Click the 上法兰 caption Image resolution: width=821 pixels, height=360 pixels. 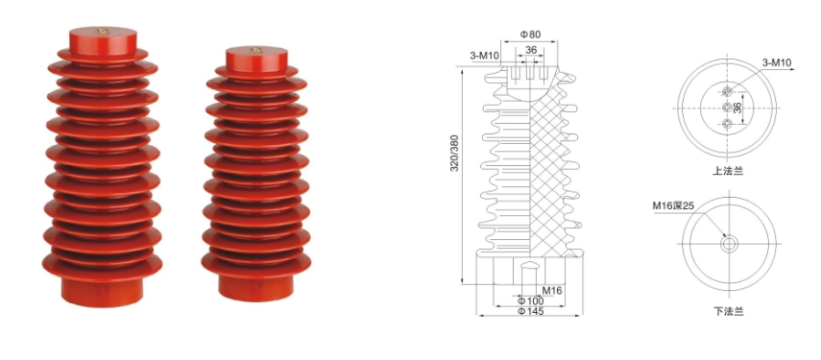pyautogui.click(x=729, y=170)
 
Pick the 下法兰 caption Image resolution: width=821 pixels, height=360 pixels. pyautogui.click(x=729, y=310)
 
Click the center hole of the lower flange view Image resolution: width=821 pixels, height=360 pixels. pyautogui.click(x=729, y=244)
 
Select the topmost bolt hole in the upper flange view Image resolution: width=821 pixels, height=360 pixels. pyautogui.click(x=728, y=92)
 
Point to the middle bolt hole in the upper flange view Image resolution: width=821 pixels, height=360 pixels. pyautogui.click(x=728, y=108)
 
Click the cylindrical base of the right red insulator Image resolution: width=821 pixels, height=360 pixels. pyautogui.click(x=254, y=285)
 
